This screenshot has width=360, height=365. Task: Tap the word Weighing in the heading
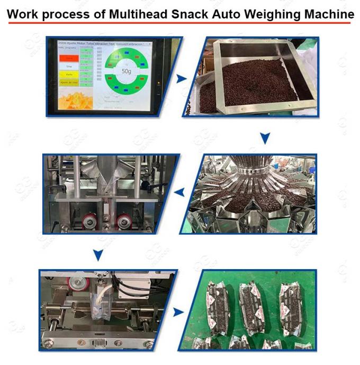pos(276,14)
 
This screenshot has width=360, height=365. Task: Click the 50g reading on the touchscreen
pos(126,70)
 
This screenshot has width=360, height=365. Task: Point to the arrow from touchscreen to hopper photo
pos(182,79)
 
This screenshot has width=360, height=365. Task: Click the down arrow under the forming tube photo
pos(97,255)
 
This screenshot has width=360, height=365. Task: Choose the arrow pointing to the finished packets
pos(181,312)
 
